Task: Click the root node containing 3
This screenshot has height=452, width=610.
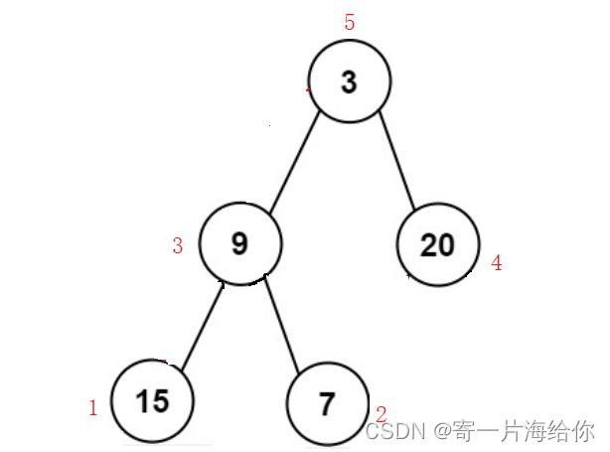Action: tap(349, 82)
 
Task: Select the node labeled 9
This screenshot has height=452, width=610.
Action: tap(239, 243)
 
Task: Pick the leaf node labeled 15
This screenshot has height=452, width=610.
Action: tap(153, 401)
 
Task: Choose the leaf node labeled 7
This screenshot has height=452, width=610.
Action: tap(327, 403)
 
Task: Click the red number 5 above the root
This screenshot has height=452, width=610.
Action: tap(350, 23)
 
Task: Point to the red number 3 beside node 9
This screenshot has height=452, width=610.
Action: tap(178, 246)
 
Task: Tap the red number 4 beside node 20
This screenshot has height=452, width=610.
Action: tap(497, 263)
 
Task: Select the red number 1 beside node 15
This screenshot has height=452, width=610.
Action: tap(93, 407)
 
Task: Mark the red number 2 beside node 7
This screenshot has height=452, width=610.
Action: tap(381, 413)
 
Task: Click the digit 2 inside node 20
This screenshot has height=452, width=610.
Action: tap(427, 244)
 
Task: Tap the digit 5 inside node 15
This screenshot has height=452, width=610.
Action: tap(160, 401)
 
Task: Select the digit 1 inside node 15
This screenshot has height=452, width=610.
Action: tap(143, 401)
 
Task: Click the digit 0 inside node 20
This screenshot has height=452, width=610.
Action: tap(446, 244)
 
